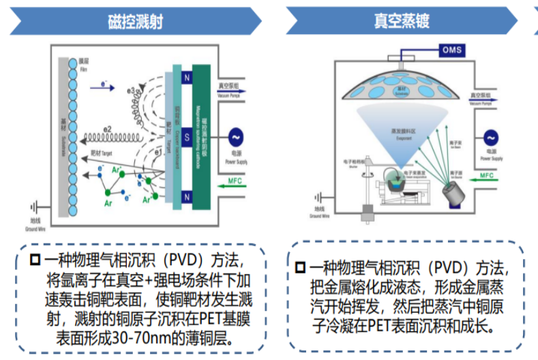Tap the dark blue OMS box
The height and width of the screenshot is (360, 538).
pyautogui.click(x=451, y=50)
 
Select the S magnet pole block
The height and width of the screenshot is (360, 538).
pyautogui.click(x=185, y=136)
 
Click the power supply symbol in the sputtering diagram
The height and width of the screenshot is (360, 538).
pyautogui.click(x=236, y=136)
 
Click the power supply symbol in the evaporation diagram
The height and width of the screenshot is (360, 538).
pyautogui.click(x=490, y=138)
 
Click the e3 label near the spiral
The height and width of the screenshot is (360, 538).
pyautogui.click(x=130, y=89)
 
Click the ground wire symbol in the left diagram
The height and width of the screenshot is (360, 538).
pyautogui.click(x=36, y=205)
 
